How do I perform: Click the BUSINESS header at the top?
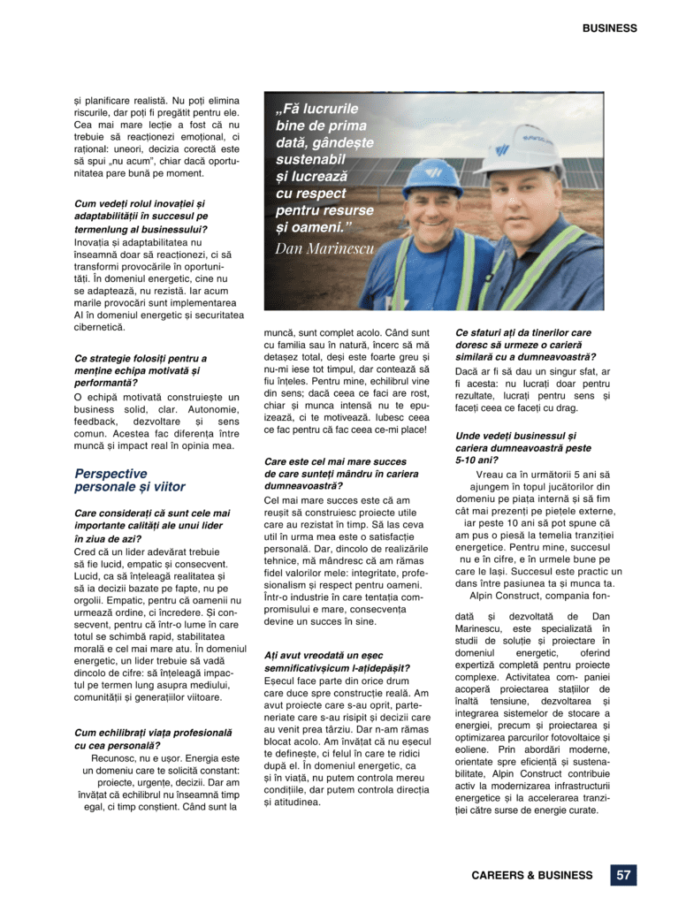coord(609,28)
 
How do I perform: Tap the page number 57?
coord(623,875)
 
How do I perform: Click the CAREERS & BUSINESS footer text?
coord(531,876)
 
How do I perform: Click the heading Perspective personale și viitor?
coord(130,480)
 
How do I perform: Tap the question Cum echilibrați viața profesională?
coord(153,739)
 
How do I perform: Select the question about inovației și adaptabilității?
coord(141,216)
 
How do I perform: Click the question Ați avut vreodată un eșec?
coord(336,662)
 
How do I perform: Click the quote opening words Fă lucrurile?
coord(318,110)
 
